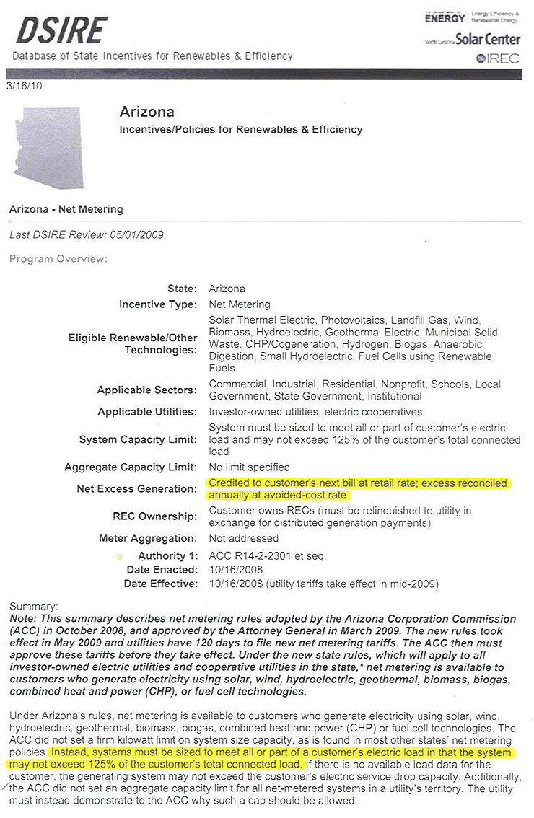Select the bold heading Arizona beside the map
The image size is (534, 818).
pyautogui.click(x=146, y=113)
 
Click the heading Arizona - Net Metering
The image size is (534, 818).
pyautogui.click(x=66, y=209)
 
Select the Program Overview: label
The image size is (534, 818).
pyautogui.click(x=58, y=258)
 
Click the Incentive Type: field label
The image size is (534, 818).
pyautogui.click(x=157, y=304)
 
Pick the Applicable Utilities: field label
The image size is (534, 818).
pyautogui.click(x=147, y=411)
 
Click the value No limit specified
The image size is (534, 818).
pyautogui.click(x=249, y=467)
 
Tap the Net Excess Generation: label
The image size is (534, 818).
pyautogui.click(x=136, y=489)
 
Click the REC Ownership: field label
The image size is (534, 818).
pyautogui.click(x=154, y=516)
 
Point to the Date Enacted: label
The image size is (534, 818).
pyautogui.click(x=159, y=570)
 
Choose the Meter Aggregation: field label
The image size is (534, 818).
pyautogui.click(x=147, y=538)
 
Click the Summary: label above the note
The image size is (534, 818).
pyautogui.click(x=33, y=607)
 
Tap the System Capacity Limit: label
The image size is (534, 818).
pyautogui.click(x=137, y=439)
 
